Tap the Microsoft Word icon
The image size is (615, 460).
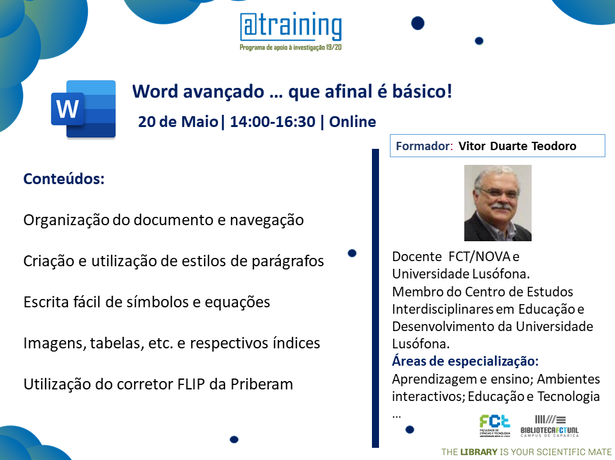[x=83, y=109]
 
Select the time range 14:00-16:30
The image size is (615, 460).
[x=273, y=122]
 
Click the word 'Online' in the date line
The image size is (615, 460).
[x=352, y=122]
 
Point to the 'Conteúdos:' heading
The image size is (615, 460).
[x=64, y=178]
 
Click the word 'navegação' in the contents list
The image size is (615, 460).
[x=267, y=220]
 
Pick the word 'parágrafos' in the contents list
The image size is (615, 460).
[x=288, y=261]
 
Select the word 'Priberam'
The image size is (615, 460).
[x=262, y=384]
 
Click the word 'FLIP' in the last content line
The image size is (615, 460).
[x=191, y=384]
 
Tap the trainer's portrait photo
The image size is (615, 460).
[x=498, y=203]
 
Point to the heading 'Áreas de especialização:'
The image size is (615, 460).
[x=465, y=361]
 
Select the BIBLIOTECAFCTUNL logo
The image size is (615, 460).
[x=549, y=426]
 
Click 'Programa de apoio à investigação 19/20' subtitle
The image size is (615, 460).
[x=291, y=47]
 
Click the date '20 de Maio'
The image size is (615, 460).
[x=178, y=122]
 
